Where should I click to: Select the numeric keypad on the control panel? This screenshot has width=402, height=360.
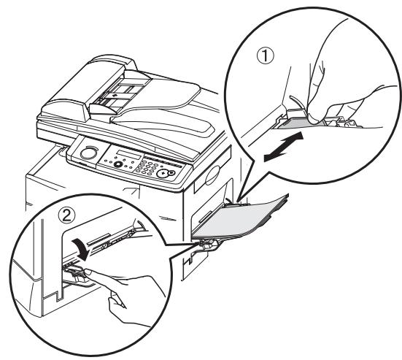click(x=150, y=169)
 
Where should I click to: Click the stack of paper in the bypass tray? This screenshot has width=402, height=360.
click(x=248, y=219)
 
